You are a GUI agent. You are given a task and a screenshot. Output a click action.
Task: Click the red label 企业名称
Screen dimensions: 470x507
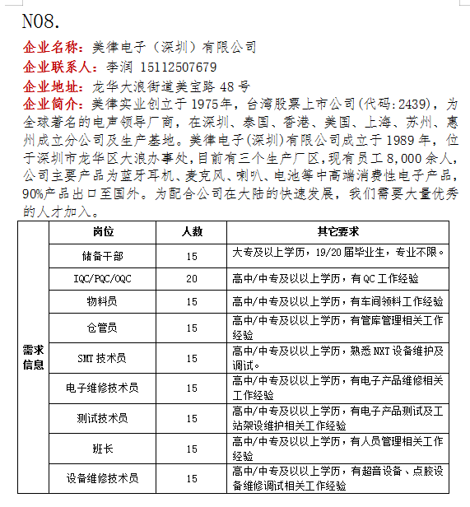(x=54, y=48)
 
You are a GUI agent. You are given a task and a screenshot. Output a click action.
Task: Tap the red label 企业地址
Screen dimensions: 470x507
(x=54, y=86)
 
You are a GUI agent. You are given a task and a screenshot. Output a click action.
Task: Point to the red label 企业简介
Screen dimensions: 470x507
(x=54, y=105)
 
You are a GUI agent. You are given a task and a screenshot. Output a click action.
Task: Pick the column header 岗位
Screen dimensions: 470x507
(x=103, y=232)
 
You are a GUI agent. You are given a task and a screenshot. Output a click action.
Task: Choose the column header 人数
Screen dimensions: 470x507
(x=192, y=232)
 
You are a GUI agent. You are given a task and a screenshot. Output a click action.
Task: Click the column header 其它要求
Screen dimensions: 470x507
(x=337, y=232)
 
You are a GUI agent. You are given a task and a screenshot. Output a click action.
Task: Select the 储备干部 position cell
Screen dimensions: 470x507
(x=103, y=255)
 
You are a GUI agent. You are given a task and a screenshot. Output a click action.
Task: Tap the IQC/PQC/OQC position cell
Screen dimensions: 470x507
(x=103, y=278)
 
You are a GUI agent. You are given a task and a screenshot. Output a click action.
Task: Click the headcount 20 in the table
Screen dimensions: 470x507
(x=192, y=278)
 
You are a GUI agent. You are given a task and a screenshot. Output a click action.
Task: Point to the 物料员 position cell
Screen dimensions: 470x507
(x=103, y=301)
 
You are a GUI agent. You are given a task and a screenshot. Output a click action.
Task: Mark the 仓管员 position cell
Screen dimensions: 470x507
(x=103, y=328)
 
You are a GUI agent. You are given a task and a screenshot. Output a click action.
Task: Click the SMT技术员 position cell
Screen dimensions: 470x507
(x=103, y=358)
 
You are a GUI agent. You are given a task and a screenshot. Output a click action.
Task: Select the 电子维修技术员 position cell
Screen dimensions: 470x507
(x=103, y=388)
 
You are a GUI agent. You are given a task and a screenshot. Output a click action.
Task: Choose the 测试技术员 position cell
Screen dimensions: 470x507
(x=103, y=418)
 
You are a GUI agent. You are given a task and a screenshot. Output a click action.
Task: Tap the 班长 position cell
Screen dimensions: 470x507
(x=103, y=449)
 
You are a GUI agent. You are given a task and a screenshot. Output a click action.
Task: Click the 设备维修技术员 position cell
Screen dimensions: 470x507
(x=103, y=478)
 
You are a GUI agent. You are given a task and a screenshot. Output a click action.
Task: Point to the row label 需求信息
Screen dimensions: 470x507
(x=34, y=358)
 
